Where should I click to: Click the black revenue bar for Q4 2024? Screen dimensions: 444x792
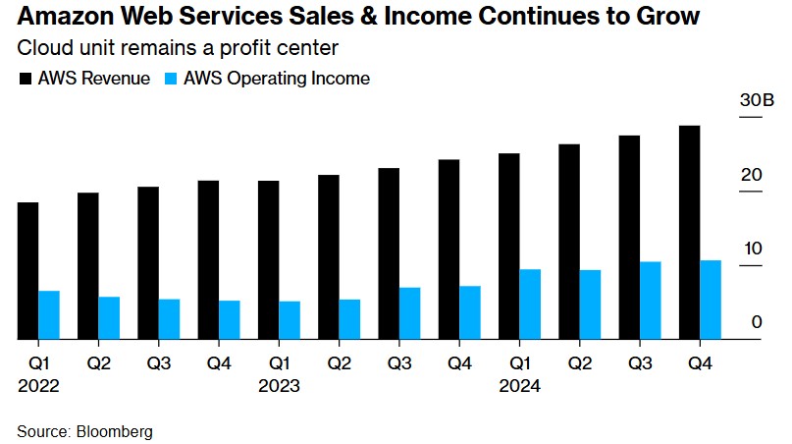click(689, 233)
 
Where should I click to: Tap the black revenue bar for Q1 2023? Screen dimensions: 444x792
click(268, 260)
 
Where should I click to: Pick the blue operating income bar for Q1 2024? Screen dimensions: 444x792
click(530, 305)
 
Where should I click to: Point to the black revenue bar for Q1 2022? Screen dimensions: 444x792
click(27, 271)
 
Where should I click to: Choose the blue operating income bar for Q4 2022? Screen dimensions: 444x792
click(229, 320)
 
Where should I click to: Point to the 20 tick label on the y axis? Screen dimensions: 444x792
click(752, 175)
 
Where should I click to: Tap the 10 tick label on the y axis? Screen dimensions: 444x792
click(752, 248)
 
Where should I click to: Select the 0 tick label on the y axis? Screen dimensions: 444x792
click(757, 321)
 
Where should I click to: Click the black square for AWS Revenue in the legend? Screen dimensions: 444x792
click(25, 79)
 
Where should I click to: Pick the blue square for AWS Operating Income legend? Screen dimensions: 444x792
click(171, 79)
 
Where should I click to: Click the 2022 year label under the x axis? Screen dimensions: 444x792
click(38, 386)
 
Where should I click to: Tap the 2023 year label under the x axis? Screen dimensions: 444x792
click(279, 386)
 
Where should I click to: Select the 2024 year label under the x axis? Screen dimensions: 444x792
click(519, 386)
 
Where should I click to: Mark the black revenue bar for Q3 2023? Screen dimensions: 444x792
click(389, 253)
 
